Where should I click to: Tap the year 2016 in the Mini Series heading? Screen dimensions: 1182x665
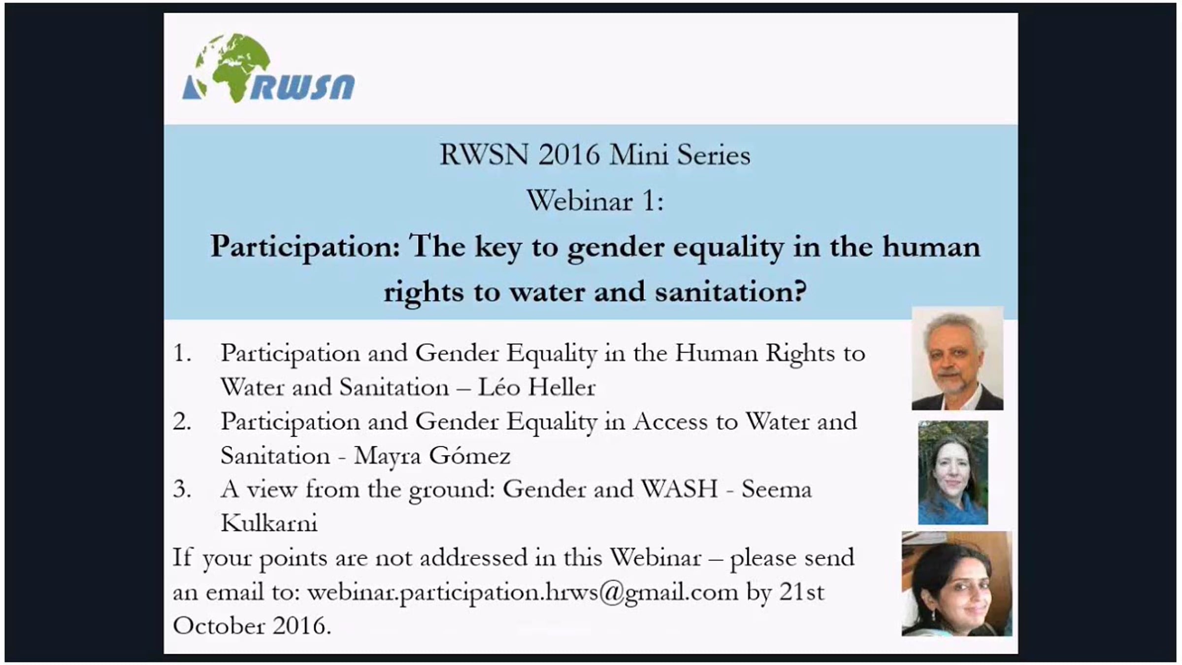(x=569, y=155)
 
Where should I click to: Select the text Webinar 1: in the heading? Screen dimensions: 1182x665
(x=595, y=201)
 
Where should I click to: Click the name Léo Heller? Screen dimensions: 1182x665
(x=537, y=387)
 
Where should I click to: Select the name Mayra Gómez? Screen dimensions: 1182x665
(x=432, y=455)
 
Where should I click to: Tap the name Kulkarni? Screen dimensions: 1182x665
(x=269, y=523)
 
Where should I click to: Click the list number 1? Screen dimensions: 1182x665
(x=182, y=353)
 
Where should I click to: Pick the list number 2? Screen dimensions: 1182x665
(x=182, y=422)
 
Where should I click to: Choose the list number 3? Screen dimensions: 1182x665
(x=182, y=490)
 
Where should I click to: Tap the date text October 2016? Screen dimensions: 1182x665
(x=252, y=626)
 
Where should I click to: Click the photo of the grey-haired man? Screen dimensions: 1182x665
(x=957, y=358)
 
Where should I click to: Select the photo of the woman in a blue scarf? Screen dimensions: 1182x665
(x=953, y=472)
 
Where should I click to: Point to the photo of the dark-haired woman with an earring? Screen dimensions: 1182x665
(x=957, y=584)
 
